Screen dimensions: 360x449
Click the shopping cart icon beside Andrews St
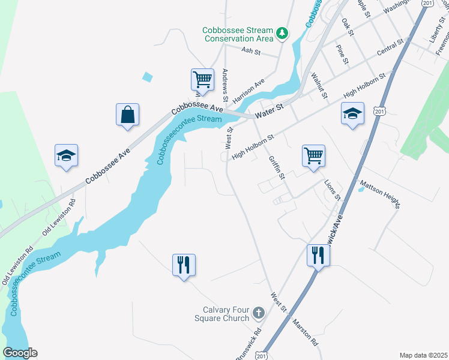click(202, 80)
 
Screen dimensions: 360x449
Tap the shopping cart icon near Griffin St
click(313, 156)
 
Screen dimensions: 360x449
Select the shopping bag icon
click(127, 115)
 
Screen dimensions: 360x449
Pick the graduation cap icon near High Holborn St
click(352, 113)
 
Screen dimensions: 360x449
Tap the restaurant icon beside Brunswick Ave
click(318, 256)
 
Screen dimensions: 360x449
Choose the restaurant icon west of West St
click(184, 265)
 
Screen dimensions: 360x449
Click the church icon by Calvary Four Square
click(258, 313)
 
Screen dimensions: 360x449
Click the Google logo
click(20, 353)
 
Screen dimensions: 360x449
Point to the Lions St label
click(332, 189)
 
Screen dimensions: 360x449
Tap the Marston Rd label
click(305, 332)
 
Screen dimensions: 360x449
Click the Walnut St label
click(319, 85)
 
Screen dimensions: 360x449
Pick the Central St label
click(390, 49)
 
